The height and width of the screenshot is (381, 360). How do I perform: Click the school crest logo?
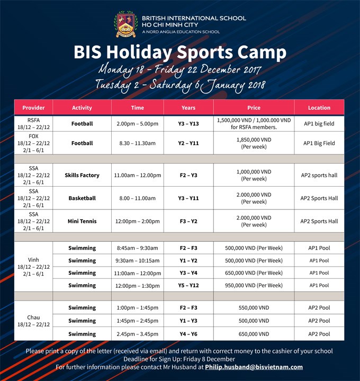[x=125, y=24]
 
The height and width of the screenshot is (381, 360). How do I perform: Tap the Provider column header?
[x=33, y=107]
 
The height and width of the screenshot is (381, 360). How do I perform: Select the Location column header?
[x=319, y=107]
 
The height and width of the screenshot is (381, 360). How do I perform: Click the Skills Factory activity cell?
[x=82, y=175]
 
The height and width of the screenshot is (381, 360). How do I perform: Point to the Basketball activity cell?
[x=82, y=198]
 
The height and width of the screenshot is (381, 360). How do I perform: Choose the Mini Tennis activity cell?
[x=82, y=221]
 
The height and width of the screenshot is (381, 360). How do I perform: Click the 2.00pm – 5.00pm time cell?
[x=137, y=124]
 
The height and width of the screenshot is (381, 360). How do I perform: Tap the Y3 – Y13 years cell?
[x=188, y=124]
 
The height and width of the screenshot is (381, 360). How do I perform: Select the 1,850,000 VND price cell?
[x=254, y=143]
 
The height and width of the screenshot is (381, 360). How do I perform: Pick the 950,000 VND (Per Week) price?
[x=254, y=285]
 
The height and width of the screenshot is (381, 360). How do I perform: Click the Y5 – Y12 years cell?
[x=188, y=285]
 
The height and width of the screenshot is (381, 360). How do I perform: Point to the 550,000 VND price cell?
[x=254, y=307]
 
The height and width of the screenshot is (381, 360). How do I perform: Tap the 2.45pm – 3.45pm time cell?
[x=137, y=334]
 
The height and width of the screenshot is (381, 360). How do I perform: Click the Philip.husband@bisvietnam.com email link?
[x=254, y=367]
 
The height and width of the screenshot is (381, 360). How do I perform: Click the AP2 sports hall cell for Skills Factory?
[x=319, y=175]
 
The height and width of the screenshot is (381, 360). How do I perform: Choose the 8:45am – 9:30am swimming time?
[x=137, y=248]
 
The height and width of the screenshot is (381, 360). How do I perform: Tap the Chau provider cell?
[x=33, y=321]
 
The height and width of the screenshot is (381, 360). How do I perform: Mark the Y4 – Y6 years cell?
[x=188, y=334]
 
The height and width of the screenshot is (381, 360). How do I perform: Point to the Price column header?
[x=254, y=107]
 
